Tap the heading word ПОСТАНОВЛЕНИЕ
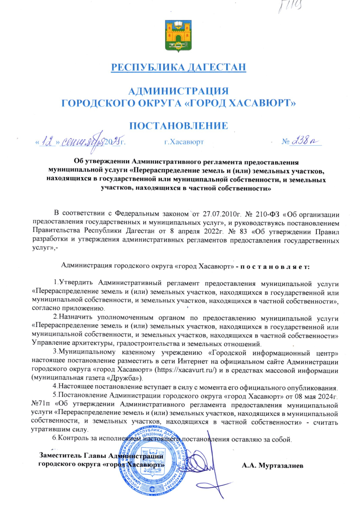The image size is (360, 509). (x=178, y=126)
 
